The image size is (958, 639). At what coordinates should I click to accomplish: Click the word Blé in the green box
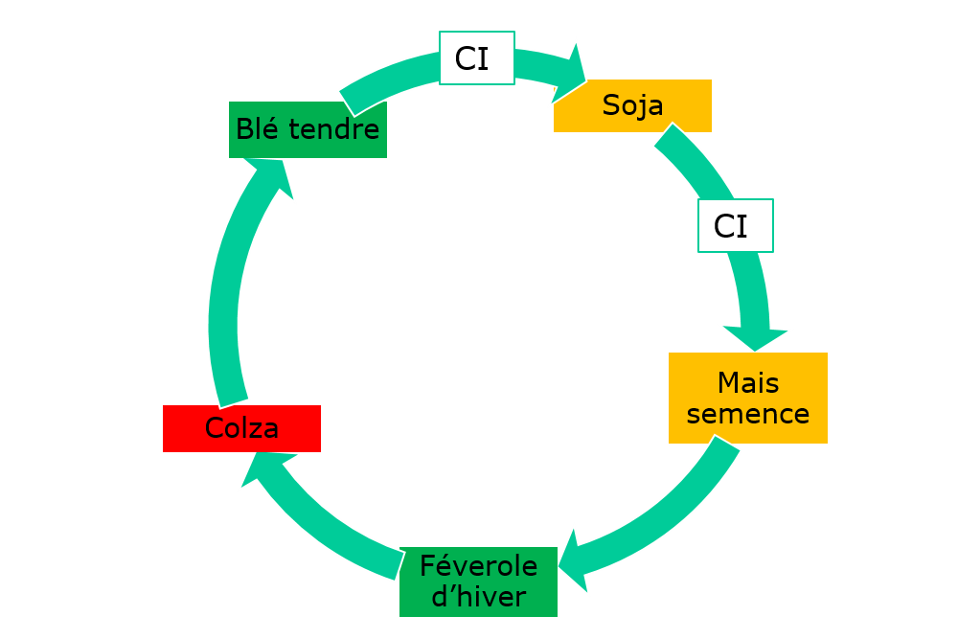coord(256,129)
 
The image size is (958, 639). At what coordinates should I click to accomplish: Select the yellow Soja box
coord(632,105)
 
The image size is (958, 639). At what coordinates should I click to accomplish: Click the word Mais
coord(748,383)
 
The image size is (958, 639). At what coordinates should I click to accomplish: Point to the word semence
coord(748,414)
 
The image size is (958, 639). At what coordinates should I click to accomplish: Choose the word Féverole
coord(478,566)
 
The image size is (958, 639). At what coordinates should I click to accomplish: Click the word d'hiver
coord(478,598)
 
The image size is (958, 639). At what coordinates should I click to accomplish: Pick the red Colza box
coord(241,428)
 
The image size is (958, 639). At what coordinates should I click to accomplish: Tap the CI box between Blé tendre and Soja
coord(476,58)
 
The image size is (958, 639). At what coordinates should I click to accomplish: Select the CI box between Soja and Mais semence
coord(735,226)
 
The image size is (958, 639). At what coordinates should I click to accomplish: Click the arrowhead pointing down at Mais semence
coord(756,336)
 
